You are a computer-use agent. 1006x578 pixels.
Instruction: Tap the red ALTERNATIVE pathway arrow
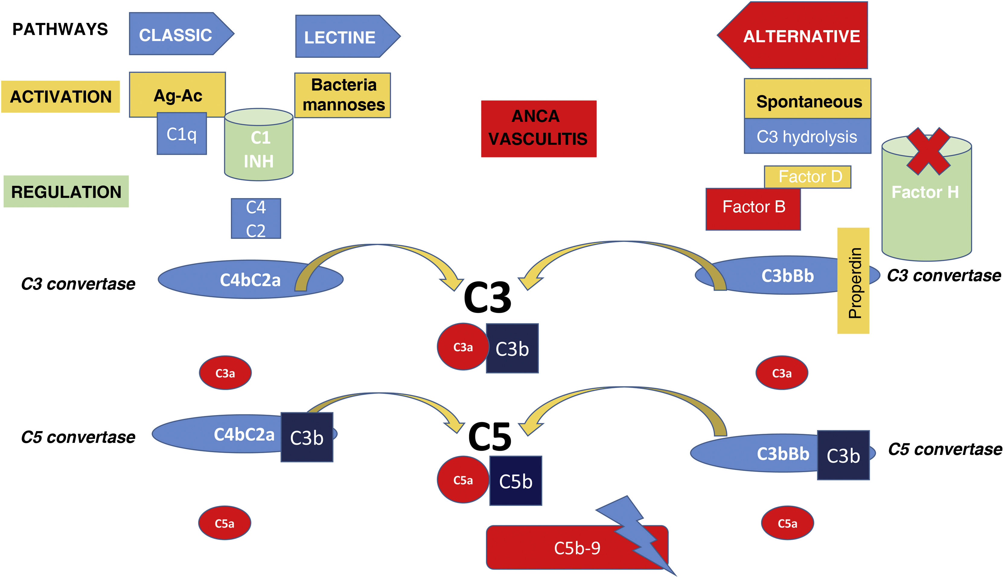pyautogui.click(x=798, y=36)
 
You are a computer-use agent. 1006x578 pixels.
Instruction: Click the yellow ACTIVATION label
pyautogui.click(x=60, y=97)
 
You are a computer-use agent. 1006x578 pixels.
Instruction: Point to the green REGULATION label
pyautogui.click(x=66, y=192)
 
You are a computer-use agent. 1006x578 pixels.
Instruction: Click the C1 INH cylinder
pyautogui.click(x=259, y=149)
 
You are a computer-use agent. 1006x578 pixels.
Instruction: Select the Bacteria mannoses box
pyautogui.click(x=343, y=95)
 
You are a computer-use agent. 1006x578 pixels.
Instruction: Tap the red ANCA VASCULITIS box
pyautogui.click(x=538, y=129)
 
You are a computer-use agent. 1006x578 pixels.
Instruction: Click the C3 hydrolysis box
pyautogui.click(x=807, y=137)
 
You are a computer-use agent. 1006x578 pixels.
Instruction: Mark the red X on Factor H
pyautogui.click(x=928, y=151)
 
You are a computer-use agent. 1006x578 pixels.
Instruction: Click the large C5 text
pyautogui.click(x=489, y=437)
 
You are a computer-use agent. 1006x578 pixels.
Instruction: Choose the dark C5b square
pyautogui.click(x=516, y=481)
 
